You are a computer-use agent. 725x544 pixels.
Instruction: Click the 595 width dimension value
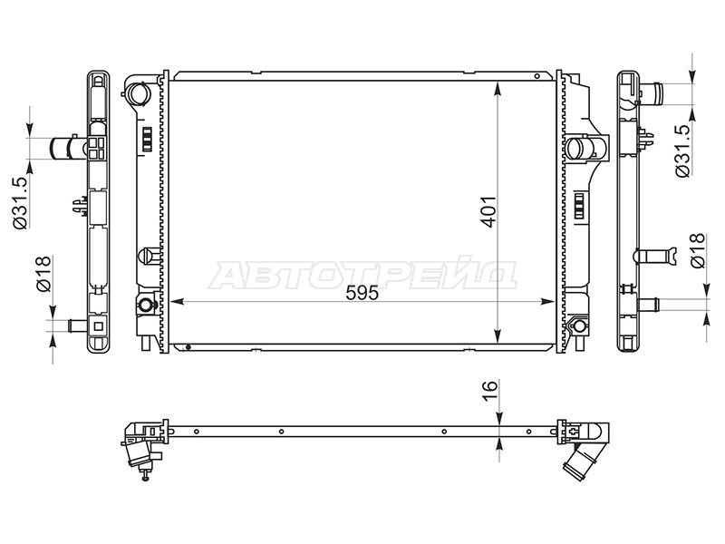pyautogui.click(x=363, y=293)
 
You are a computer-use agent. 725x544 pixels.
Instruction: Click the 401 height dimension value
pyautogui.click(x=489, y=212)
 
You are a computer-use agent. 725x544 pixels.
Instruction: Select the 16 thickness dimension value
pyautogui.click(x=490, y=391)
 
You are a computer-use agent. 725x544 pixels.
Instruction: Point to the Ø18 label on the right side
pyautogui.click(x=698, y=251)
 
